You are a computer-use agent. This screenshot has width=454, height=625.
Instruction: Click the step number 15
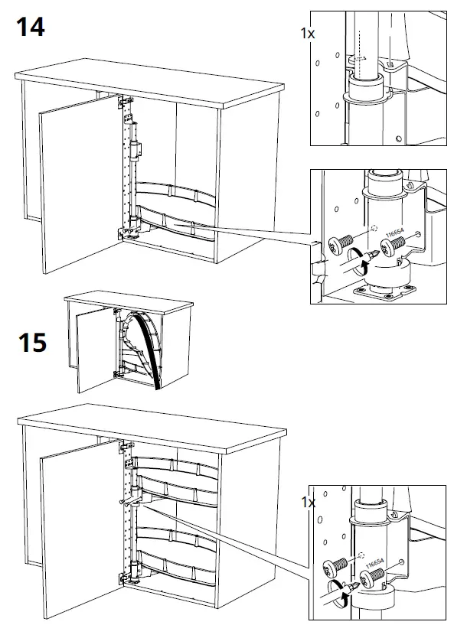[31, 342]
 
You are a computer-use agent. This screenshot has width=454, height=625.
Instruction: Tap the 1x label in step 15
[309, 503]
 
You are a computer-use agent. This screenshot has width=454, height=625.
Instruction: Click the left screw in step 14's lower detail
[338, 246]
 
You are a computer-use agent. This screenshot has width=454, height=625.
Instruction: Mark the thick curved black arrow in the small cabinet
[145, 344]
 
